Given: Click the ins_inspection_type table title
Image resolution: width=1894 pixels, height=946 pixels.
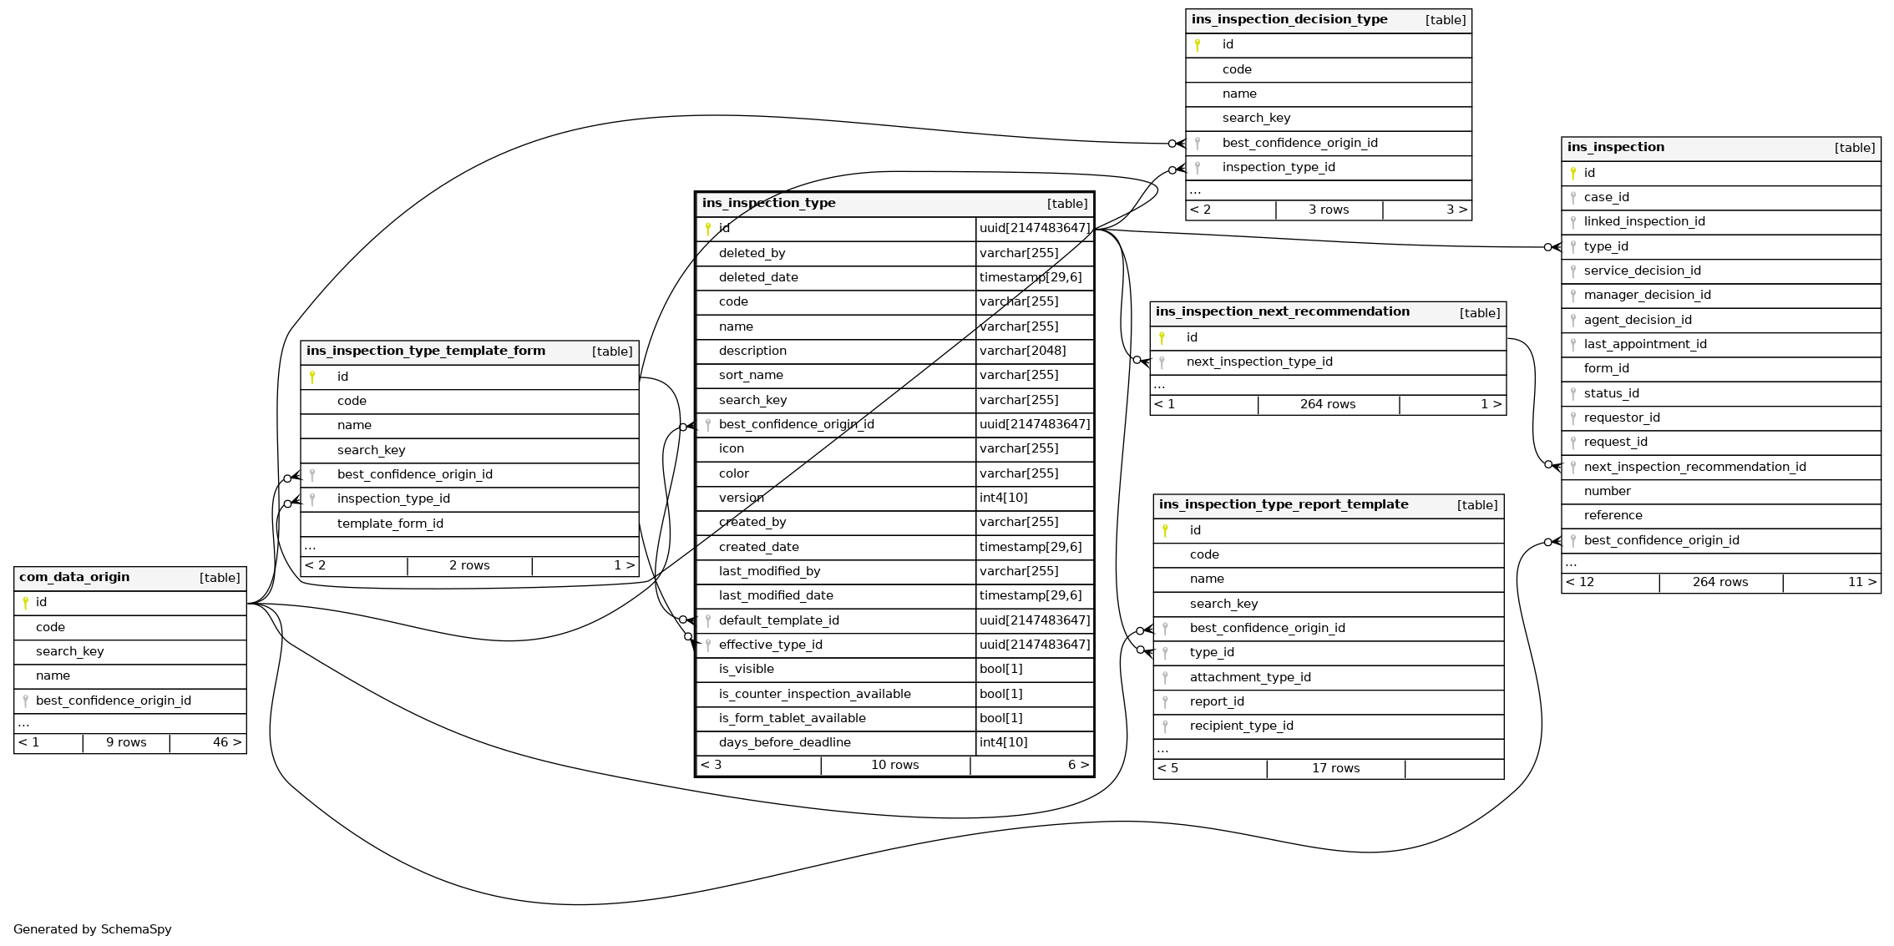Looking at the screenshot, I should [768, 203].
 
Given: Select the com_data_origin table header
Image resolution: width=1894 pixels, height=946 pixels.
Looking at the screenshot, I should [74, 577].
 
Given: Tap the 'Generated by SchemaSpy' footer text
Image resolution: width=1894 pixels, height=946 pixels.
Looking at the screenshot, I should [92, 929].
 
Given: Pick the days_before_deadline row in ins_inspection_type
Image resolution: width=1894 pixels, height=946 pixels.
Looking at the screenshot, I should [784, 742].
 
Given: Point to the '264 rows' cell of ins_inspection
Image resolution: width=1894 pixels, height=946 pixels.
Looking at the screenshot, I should [1719, 582].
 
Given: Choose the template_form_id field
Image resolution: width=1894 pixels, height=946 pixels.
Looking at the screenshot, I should [390, 524].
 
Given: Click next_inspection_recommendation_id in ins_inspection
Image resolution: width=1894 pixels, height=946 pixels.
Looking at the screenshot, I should [1694, 467].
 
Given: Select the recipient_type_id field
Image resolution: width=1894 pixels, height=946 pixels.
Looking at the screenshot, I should [1241, 726].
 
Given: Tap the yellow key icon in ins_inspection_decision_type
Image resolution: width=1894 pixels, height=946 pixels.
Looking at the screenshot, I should [1198, 45].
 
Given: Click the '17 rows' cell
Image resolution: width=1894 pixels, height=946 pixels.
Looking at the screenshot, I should [1334, 768].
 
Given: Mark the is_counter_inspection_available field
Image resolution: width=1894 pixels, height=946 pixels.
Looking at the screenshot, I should [814, 694].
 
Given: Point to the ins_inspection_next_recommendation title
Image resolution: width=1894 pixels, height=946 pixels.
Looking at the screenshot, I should [1282, 311].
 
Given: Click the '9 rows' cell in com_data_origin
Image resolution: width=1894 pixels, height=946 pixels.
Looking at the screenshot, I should [126, 742].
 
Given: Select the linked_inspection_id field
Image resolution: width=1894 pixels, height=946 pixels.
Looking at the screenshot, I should [1643, 221].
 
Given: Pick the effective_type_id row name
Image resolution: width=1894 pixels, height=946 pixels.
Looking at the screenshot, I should [770, 645].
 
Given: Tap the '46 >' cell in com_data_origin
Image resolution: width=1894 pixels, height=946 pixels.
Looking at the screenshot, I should [226, 742].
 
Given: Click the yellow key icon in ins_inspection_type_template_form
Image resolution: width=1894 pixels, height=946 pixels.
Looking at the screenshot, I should [312, 377].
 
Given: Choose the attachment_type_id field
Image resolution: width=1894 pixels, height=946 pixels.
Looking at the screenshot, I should [1249, 677].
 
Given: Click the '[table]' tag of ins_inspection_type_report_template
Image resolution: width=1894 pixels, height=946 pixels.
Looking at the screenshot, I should [1476, 505].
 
